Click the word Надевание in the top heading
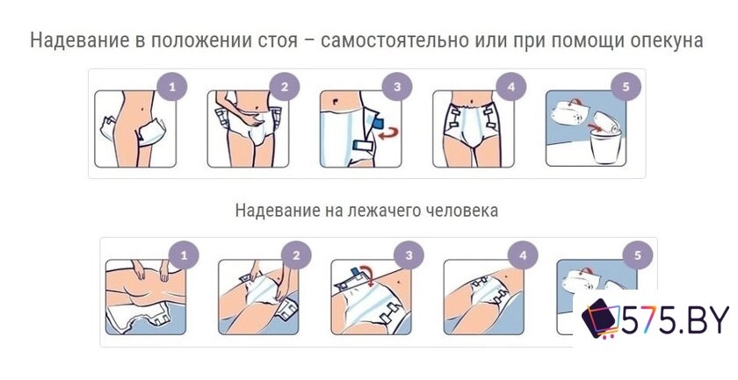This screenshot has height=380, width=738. pos(76,40)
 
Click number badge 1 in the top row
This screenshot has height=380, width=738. pos(172,87)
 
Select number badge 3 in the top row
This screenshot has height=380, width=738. pos(397,87)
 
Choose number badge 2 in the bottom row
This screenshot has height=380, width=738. pos(296,256)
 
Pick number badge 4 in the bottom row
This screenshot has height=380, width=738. pos(523,256)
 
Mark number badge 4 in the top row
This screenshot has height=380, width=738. pos(511,87)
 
